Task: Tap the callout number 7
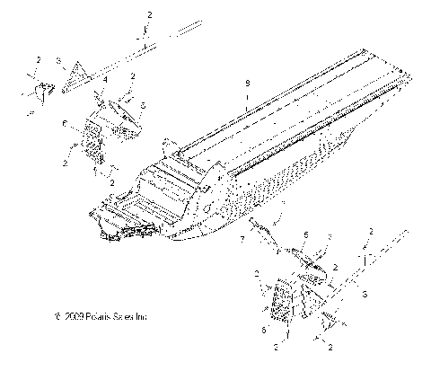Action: pyautogui.click(x=243, y=241)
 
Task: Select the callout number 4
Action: pyautogui.click(x=105, y=80)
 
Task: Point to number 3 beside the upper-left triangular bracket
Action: pyautogui.click(x=60, y=60)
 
